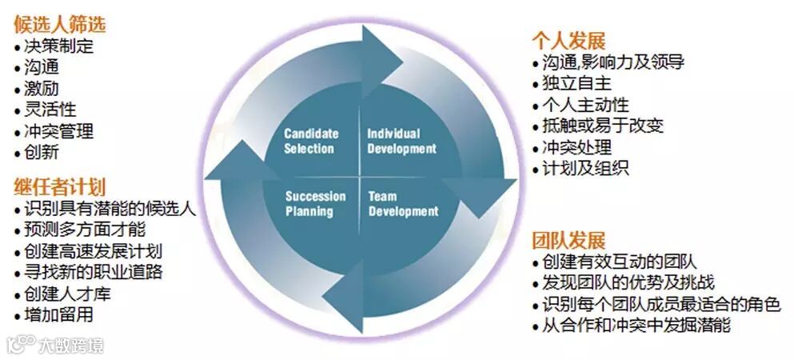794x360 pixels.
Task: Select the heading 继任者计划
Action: tap(59, 187)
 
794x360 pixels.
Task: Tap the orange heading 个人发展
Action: tap(569, 41)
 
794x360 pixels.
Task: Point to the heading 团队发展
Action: tap(569, 239)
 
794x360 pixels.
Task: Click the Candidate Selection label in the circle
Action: tap(311, 141)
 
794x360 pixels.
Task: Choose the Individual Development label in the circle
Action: tap(401, 141)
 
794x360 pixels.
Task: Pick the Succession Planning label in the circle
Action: tap(315, 204)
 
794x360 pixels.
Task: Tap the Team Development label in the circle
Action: tap(403, 204)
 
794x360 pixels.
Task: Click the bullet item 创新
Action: tap(41, 152)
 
